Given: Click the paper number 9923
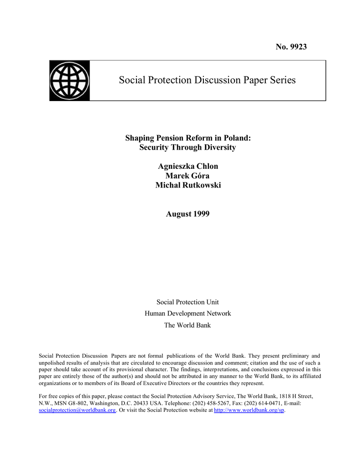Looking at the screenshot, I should point(298,47).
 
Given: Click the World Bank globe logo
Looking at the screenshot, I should point(70,81).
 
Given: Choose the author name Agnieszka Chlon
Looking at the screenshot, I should point(188,166).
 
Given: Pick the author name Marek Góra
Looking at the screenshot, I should point(188,176).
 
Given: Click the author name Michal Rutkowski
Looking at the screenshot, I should point(188,185).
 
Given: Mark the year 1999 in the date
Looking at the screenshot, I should point(201,213).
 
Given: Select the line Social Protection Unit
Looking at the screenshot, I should point(188,302).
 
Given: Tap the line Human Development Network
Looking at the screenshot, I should point(188,314).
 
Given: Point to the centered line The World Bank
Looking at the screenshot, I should point(188,325).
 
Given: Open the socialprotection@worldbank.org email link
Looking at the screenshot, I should point(77,410).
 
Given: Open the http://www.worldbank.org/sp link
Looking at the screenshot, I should point(249,410).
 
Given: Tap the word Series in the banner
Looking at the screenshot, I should point(280,80).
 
